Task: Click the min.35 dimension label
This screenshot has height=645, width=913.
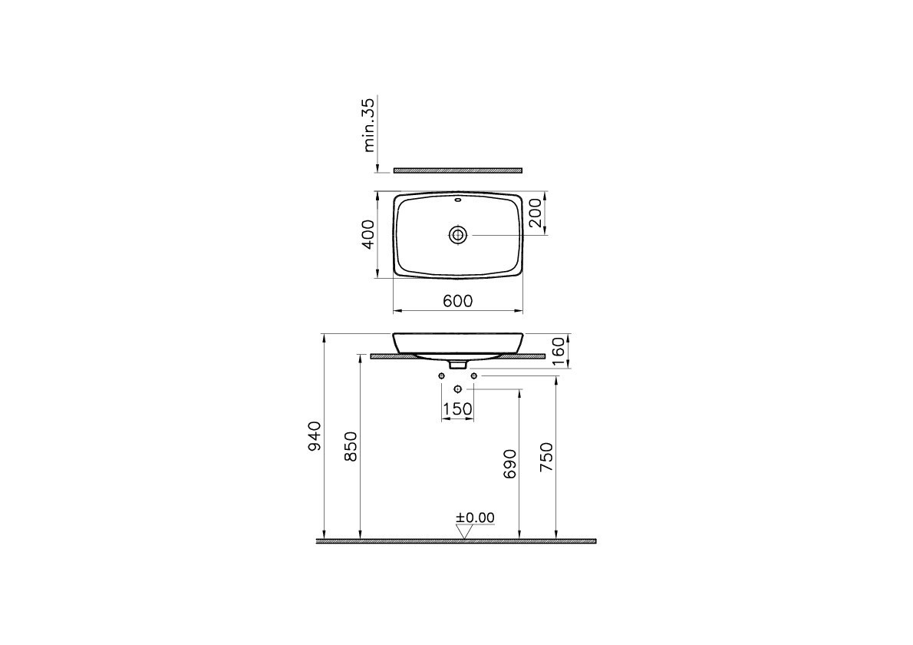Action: click(x=368, y=124)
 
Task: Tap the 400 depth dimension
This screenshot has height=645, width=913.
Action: click(x=368, y=234)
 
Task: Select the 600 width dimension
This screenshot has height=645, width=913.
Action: click(x=458, y=301)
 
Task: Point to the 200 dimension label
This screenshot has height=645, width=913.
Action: click(x=535, y=213)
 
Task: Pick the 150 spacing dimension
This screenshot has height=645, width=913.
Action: click(x=458, y=409)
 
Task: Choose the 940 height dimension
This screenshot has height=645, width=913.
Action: click(x=314, y=436)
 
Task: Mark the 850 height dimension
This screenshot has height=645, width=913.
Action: click(x=351, y=447)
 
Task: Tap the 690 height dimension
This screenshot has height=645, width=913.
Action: click(x=509, y=464)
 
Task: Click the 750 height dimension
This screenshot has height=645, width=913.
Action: click(x=547, y=457)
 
